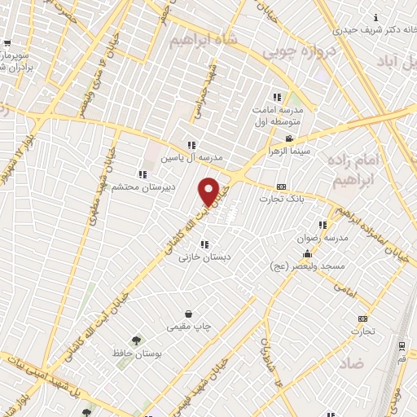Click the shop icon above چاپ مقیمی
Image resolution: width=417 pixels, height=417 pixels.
(x=189, y=314)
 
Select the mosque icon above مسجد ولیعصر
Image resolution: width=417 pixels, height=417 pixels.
(x=306, y=253)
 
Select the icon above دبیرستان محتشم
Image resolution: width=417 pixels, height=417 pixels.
(x=143, y=174)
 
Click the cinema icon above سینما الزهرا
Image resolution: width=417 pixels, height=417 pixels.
(x=288, y=140)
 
